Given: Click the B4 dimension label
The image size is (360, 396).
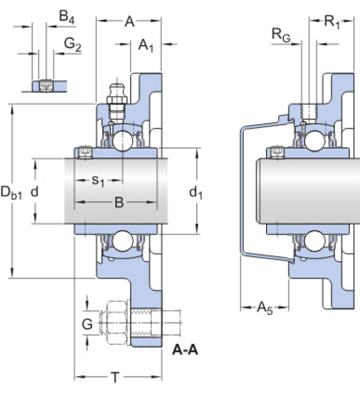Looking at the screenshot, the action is click(x=67, y=17).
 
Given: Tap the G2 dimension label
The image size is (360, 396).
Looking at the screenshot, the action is click(x=73, y=45).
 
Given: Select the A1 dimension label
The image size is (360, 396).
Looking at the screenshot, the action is click(x=146, y=46).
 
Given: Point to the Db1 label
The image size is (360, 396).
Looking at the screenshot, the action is click(x=11, y=193).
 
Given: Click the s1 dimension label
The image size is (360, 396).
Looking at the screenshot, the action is click(x=98, y=181).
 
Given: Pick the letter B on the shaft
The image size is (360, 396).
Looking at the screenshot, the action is click(x=119, y=202).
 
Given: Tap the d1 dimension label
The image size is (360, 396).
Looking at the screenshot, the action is click(x=196, y=193).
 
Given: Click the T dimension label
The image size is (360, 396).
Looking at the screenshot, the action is click(x=115, y=377).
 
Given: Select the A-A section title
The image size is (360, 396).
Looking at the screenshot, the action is click(x=185, y=350).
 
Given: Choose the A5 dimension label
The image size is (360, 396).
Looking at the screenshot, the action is click(x=265, y=308).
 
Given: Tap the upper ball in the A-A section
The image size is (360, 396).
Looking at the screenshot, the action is click(x=123, y=141).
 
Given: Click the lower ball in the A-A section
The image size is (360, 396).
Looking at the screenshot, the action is click(x=123, y=241).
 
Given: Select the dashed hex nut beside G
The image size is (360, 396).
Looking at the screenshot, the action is click(x=115, y=323).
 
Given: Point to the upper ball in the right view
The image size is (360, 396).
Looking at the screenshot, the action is click(x=315, y=141).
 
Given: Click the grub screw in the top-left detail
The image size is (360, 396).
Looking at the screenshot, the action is click(x=46, y=85).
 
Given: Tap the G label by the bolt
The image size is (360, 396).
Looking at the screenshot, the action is click(x=88, y=324).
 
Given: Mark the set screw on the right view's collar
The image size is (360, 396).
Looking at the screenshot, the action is click(x=278, y=152).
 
